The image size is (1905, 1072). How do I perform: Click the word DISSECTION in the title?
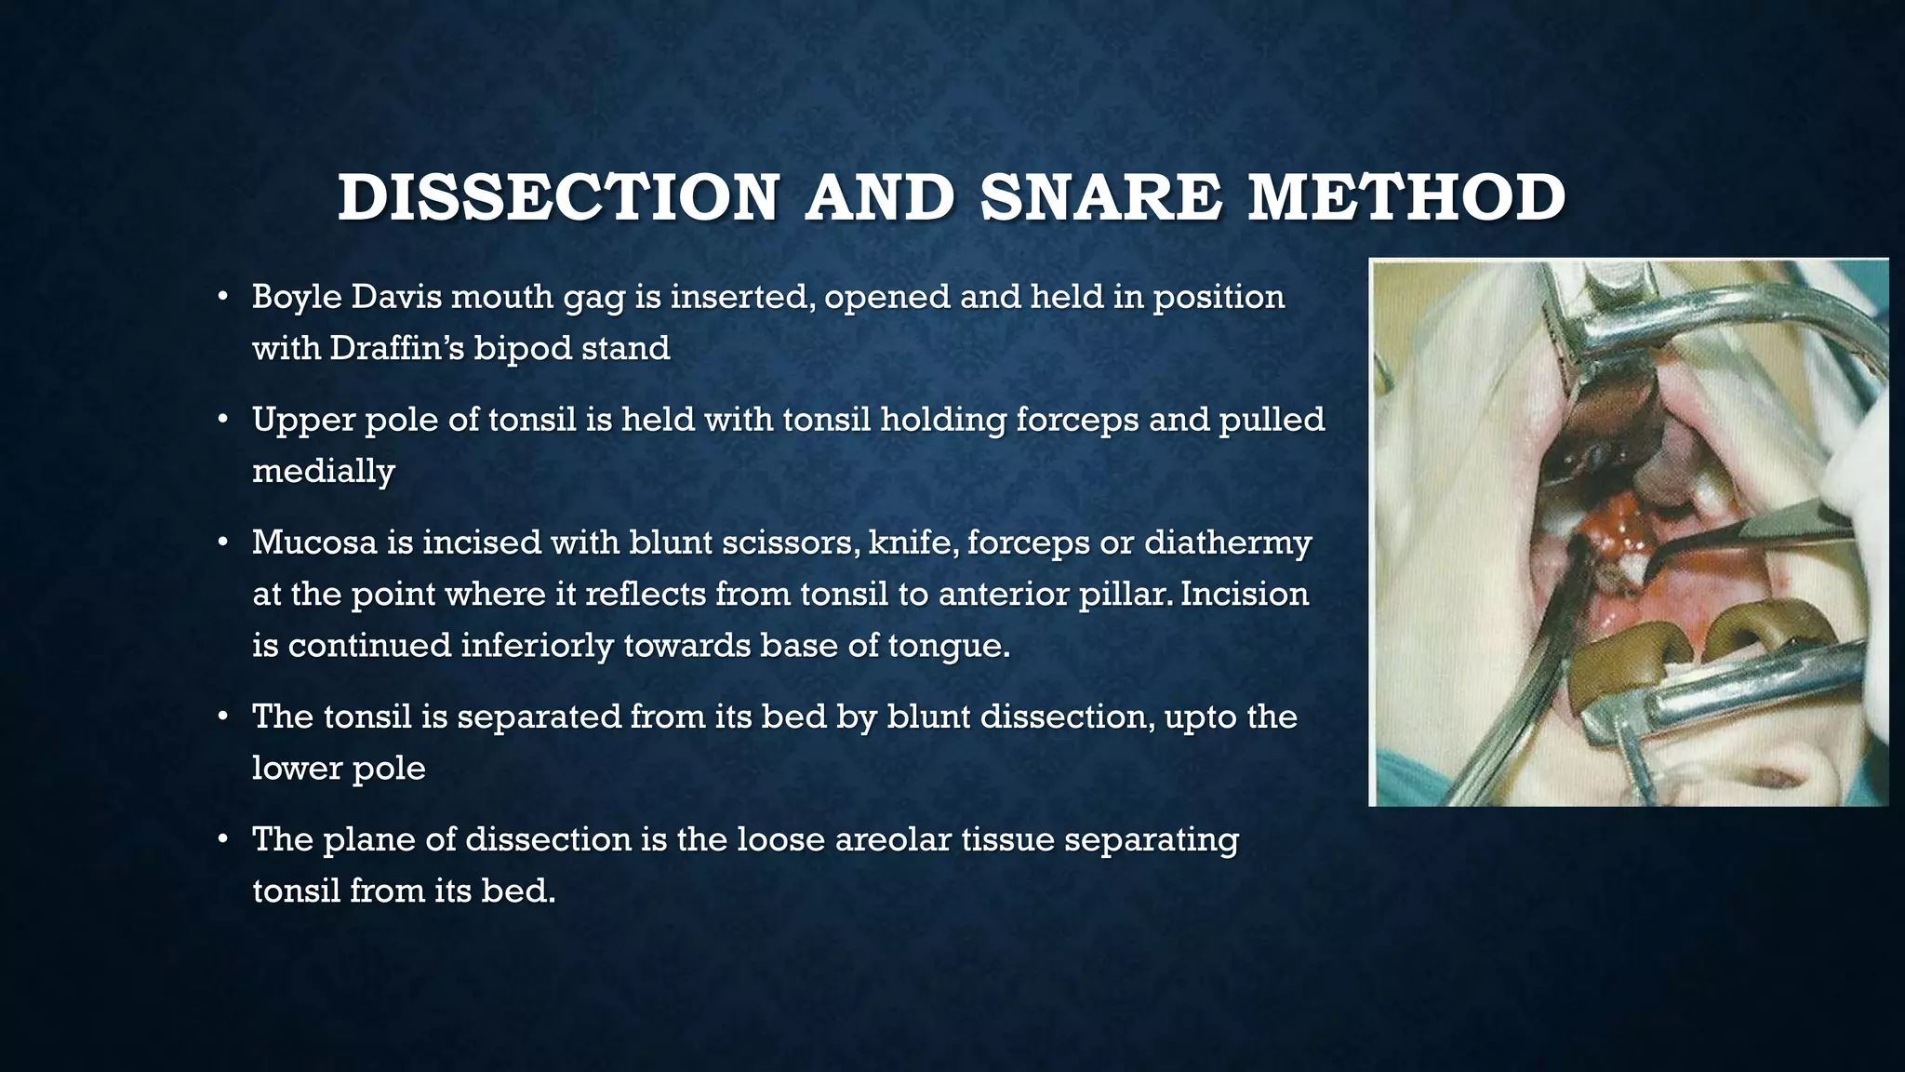click(x=558, y=198)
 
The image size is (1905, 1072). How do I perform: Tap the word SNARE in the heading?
click(x=1100, y=198)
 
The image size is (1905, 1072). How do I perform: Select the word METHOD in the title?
click(x=1406, y=198)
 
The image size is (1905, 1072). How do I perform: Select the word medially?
click(x=323, y=471)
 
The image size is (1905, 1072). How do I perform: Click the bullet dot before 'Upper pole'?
click(x=222, y=421)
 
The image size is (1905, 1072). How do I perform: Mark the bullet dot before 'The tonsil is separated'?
click(x=222, y=717)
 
